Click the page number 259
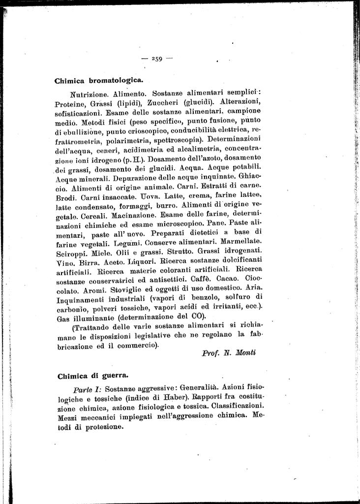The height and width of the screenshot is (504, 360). click(x=157, y=59)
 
